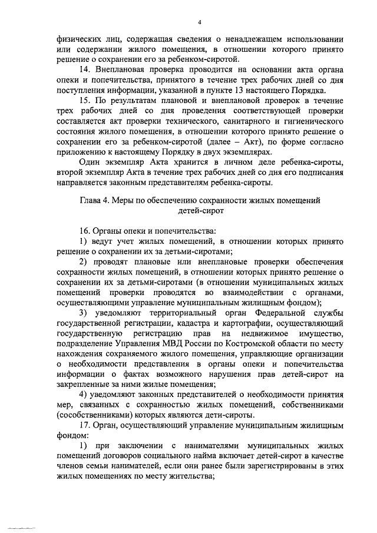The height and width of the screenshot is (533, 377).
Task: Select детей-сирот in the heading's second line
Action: point(200,210)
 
